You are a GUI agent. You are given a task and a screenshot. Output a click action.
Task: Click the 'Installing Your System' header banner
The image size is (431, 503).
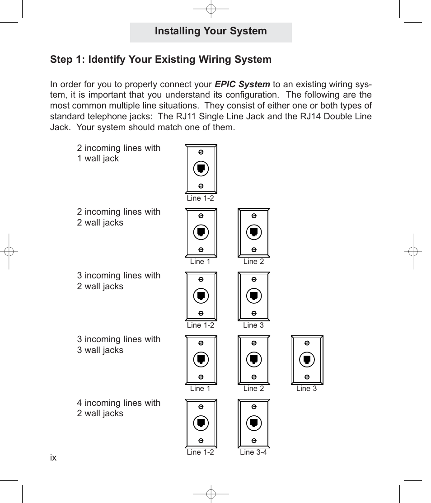[211, 32]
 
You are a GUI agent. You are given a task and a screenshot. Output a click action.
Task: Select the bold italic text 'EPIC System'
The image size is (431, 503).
[242, 84]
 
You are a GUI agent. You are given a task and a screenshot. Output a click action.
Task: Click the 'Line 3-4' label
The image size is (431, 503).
[253, 452]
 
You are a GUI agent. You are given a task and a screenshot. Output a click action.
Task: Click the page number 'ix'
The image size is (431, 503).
[53, 458]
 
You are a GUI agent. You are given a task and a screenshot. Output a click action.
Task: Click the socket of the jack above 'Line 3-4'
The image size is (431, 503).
[254, 423]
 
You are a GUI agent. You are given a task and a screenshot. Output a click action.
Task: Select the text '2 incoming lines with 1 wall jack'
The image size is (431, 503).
[118, 153]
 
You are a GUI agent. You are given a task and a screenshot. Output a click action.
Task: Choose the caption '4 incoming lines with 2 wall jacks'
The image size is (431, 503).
[118, 408]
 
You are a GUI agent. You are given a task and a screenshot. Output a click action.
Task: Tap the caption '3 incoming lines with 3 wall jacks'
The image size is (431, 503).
[118, 344]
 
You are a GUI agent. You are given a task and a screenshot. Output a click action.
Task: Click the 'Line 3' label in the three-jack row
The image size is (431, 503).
[306, 389]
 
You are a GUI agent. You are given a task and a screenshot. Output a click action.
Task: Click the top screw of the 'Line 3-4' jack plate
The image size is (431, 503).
[254, 407]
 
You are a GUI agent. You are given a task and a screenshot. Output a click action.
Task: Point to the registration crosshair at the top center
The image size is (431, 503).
[211, 9]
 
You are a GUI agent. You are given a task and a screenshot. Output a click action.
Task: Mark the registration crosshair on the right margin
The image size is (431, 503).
[412, 251]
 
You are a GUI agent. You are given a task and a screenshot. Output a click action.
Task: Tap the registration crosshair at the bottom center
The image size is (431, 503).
[211, 494]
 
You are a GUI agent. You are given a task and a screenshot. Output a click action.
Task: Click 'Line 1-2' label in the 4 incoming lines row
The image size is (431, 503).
[200, 452]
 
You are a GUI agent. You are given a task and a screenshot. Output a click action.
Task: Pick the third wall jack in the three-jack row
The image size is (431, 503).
[307, 360]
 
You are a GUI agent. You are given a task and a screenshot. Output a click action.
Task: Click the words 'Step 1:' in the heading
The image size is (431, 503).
[68, 60]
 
